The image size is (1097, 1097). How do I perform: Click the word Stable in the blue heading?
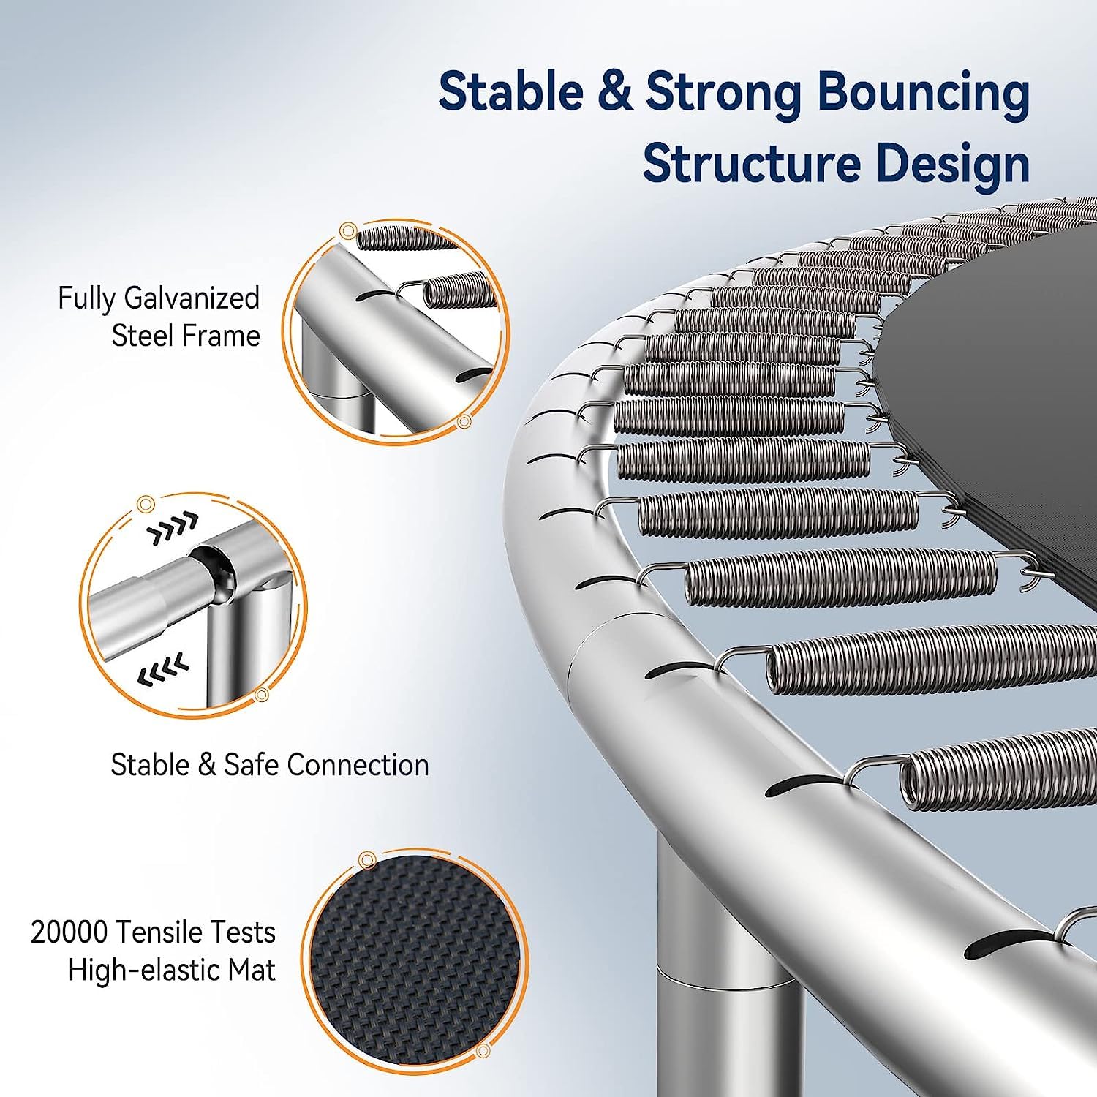click(x=510, y=92)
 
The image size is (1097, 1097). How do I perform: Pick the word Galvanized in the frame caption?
click(x=192, y=299)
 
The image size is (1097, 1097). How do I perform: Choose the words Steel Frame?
click(x=186, y=336)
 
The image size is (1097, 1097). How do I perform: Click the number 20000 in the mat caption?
click(x=69, y=932)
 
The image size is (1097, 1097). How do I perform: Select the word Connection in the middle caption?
click(x=358, y=765)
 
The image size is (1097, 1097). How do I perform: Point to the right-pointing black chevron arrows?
click(x=173, y=529)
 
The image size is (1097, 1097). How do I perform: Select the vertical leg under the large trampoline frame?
click(x=720, y=973)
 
